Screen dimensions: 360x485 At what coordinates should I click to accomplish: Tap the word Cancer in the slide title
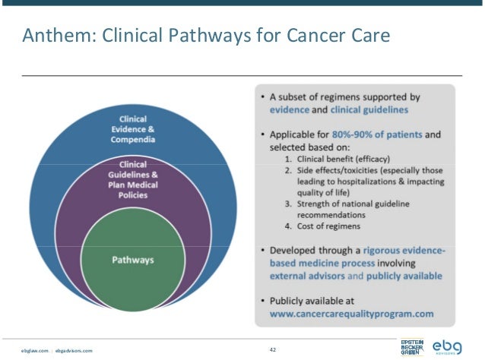tap(307, 35)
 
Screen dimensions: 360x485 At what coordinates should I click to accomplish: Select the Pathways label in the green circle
tap(133, 260)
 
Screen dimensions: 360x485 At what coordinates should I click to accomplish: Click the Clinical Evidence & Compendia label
tap(138, 129)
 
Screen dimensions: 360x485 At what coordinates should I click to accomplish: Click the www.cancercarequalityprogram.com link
tap(352, 312)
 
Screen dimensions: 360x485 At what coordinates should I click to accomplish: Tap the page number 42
tap(271, 349)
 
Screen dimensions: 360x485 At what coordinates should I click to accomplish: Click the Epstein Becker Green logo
tap(413, 347)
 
